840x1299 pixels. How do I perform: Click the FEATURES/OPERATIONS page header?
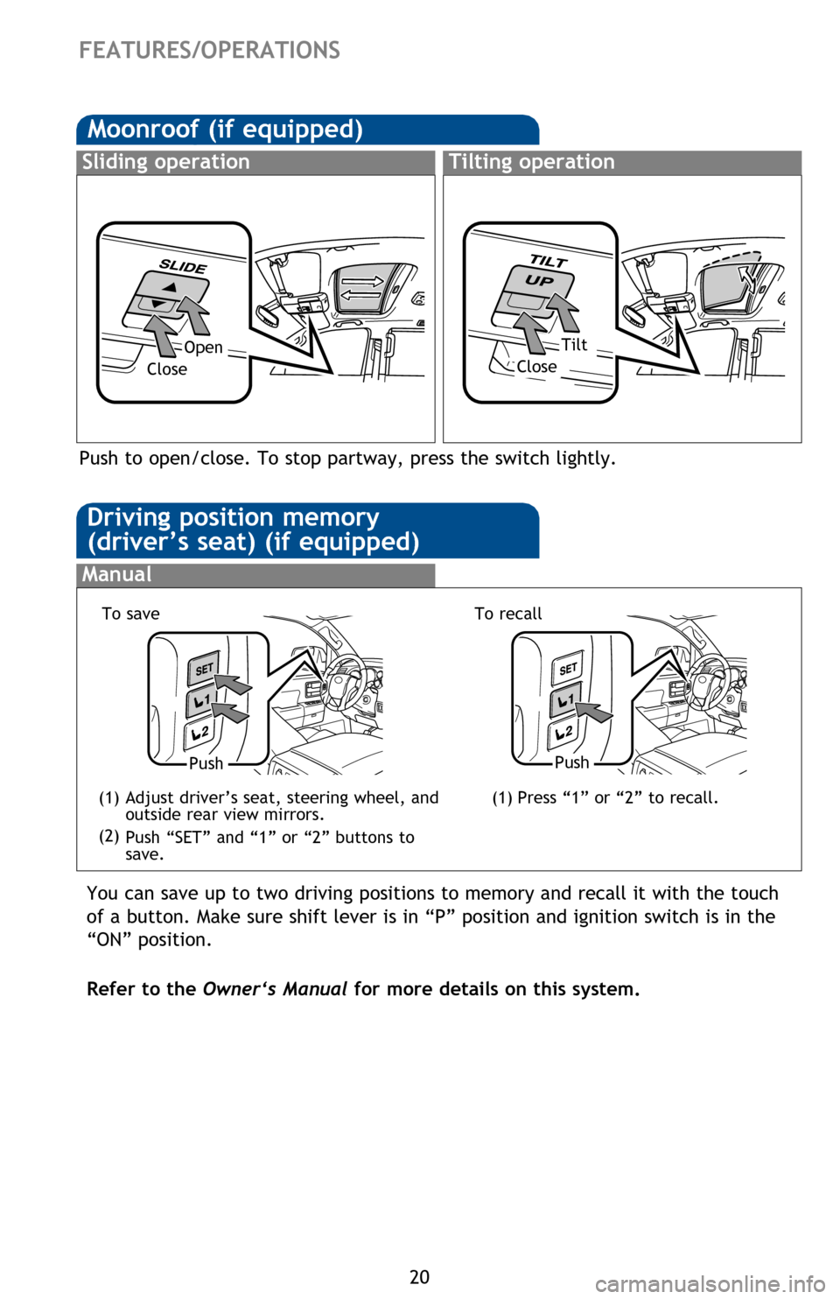209,50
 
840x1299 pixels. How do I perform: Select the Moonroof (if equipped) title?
225,130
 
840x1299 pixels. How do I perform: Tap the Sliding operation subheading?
166,162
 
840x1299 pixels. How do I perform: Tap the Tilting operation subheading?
532,162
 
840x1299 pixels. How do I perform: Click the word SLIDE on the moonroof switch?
183,266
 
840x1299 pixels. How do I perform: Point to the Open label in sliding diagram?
203,348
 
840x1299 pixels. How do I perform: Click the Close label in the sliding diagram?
167,369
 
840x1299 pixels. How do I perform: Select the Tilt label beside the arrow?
574,345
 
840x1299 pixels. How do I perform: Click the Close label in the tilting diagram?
536,367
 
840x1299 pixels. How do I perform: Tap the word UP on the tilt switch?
540,280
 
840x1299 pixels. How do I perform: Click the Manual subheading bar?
255,575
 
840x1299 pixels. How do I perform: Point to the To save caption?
131,614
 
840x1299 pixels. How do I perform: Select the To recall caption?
508,614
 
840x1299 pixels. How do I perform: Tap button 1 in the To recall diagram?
565,700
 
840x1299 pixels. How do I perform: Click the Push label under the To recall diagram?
571,762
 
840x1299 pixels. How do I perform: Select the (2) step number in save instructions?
109,836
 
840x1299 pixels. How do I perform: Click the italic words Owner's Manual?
275,989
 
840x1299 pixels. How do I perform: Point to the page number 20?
420,1276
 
